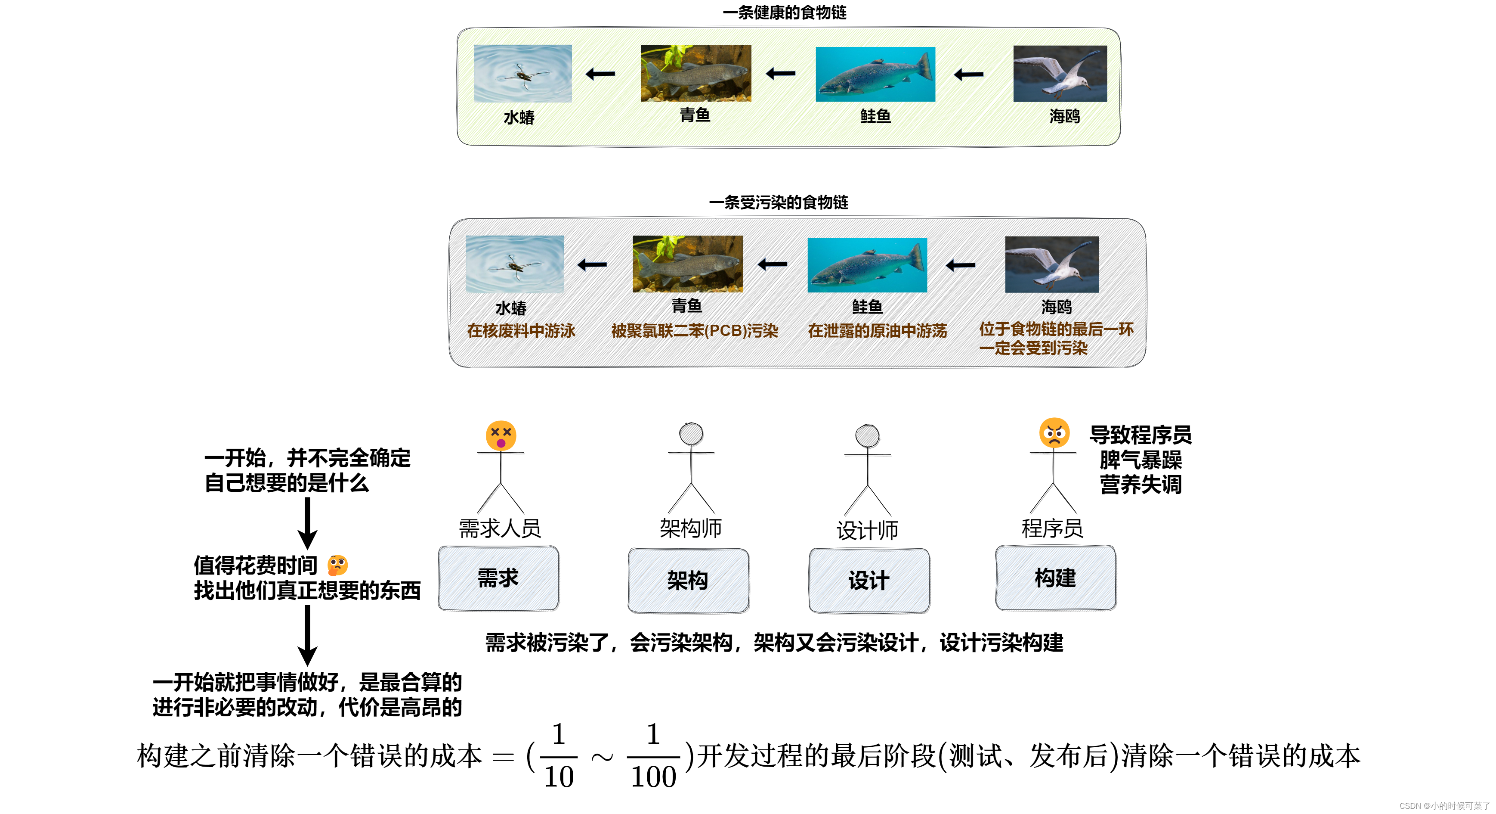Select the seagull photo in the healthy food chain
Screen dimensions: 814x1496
[1060, 74]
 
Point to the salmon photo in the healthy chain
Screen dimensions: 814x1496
[875, 75]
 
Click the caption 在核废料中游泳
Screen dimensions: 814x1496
[521, 331]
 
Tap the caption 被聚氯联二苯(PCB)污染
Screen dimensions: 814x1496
[695, 331]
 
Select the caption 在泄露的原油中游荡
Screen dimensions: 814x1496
[877, 331]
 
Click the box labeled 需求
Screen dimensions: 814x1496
[498, 578]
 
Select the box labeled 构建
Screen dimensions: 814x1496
[1055, 578]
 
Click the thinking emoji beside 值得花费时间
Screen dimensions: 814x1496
[337, 565]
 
